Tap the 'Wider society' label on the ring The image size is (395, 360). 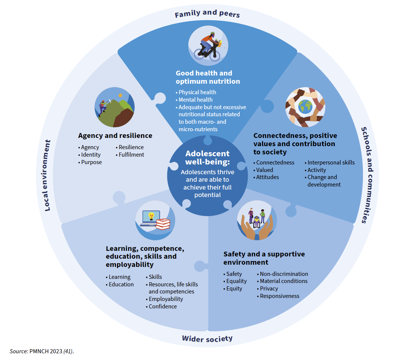[207, 339]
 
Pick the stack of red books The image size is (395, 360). [163, 224]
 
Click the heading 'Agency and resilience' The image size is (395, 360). [115, 135]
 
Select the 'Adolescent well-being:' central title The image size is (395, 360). [207, 158]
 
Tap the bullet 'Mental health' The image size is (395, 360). [195, 100]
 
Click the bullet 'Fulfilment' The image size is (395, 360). [131, 155]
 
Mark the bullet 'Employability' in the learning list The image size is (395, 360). [166, 299]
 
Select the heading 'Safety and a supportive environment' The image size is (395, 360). [264, 258]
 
